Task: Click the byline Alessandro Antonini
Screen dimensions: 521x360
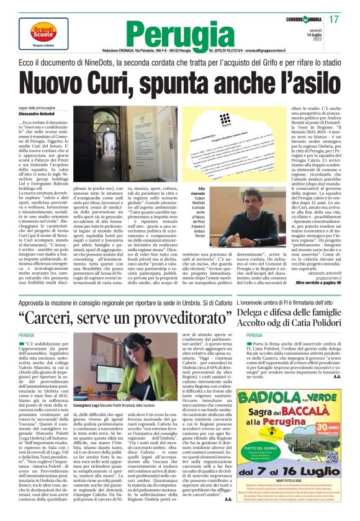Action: pyautogui.click(x=38, y=115)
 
